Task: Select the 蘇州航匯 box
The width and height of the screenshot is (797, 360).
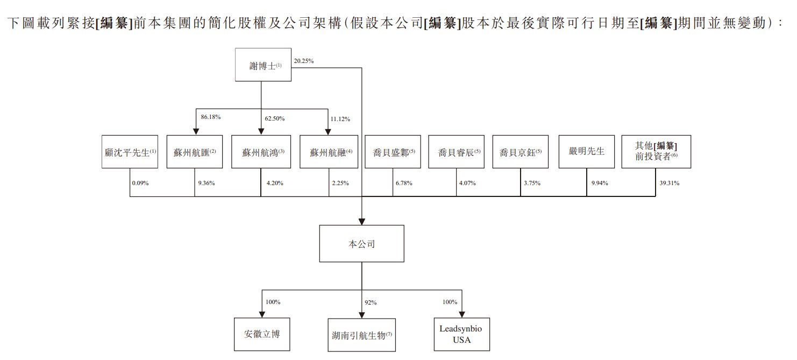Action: click(x=195, y=152)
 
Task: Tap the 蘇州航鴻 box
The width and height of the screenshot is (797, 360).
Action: click(x=261, y=152)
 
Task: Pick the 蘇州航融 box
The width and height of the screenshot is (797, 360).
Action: click(x=328, y=152)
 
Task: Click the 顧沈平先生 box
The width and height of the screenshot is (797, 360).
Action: click(x=130, y=152)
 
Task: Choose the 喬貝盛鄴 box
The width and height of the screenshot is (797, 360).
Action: click(x=394, y=152)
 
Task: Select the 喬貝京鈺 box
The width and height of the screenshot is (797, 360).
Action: click(x=520, y=152)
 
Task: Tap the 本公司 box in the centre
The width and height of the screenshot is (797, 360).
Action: click(x=361, y=244)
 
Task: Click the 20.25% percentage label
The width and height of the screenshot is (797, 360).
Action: click(x=304, y=61)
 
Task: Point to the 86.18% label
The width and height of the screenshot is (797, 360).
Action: click(x=211, y=116)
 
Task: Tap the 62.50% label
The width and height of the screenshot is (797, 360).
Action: click(x=274, y=118)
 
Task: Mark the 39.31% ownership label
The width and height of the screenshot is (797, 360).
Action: click(x=669, y=183)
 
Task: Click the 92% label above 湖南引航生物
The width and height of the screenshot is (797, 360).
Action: click(x=371, y=302)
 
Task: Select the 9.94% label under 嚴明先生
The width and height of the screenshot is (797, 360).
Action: click(x=600, y=183)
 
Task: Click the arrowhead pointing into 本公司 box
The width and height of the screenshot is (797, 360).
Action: click(x=361, y=221)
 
